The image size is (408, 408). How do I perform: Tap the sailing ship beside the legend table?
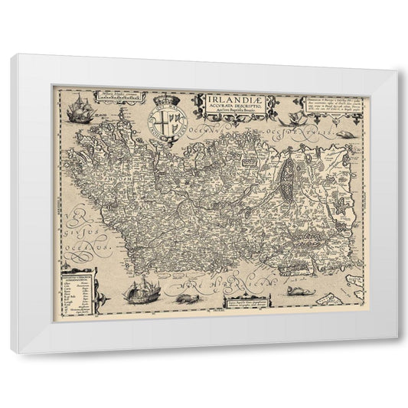144,290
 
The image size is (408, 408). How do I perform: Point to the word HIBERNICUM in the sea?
230,289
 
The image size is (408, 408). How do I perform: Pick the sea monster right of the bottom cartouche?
300,291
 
